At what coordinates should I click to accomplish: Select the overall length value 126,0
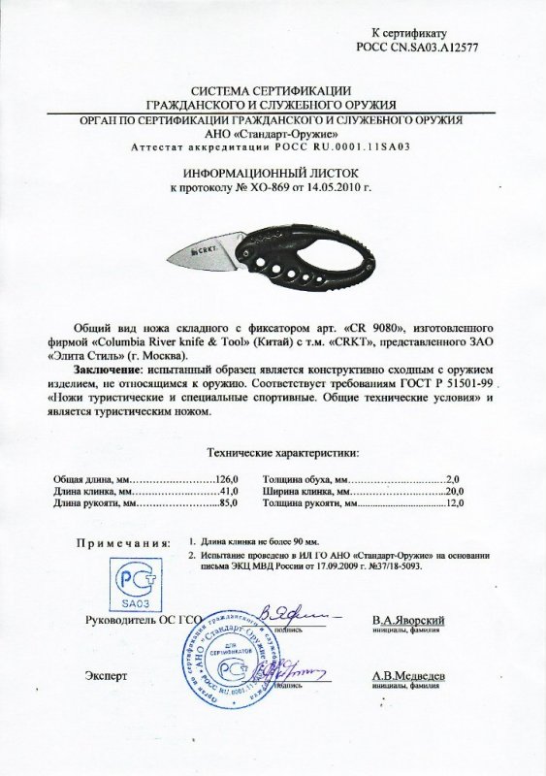pos(229,478)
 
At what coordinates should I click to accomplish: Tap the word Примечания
pos(124,546)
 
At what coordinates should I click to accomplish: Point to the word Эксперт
pos(107,673)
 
